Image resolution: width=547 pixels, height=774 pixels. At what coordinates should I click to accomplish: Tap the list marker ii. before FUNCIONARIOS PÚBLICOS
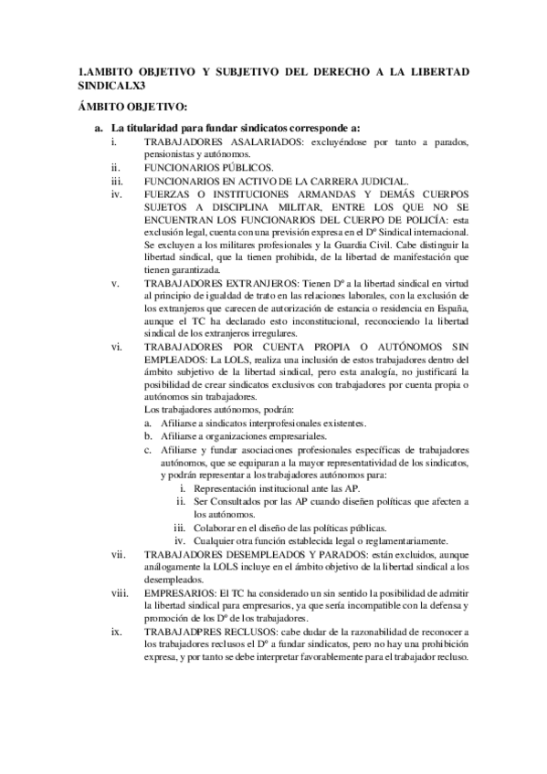tap(114, 169)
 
